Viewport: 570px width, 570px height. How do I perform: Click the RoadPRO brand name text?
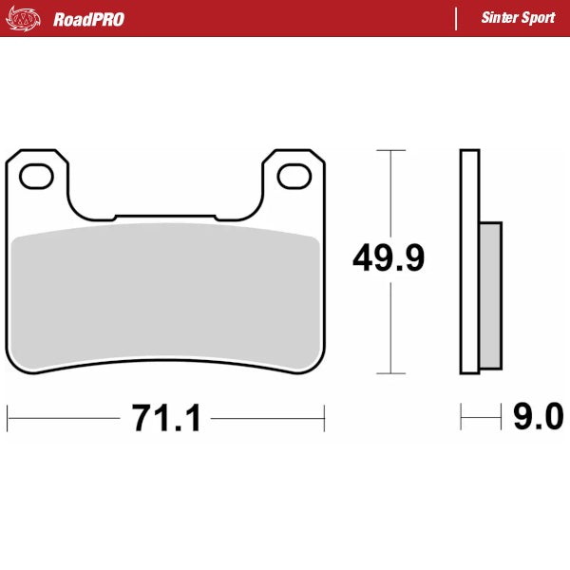[88, 19]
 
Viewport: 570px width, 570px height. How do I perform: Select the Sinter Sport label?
[518, 18]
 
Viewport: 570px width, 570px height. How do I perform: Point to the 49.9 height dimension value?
[388, 258]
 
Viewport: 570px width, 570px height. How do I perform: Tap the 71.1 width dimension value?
[166, 417]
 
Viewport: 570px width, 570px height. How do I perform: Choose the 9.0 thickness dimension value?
[538, 416]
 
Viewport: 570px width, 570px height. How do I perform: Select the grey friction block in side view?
[490, 294]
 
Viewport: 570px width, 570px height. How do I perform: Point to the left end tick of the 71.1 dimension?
[8, 416]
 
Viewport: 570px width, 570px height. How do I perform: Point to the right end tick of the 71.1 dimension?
[325, 416]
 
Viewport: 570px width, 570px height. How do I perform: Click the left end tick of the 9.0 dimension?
[461, 416]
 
